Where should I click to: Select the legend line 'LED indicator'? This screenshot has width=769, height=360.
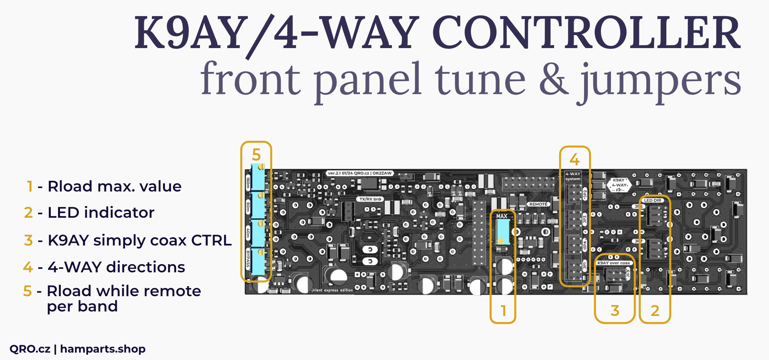point(101,213)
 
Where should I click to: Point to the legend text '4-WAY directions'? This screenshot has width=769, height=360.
point(116,267)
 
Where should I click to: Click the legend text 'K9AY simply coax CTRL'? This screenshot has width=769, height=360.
point(139,240)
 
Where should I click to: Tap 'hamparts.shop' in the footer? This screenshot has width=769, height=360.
point(103,349)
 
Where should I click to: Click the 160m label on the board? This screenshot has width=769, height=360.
point(248,182)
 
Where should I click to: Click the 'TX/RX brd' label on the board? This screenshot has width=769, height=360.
point(370,199)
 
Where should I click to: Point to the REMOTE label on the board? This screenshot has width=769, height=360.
point(538,204)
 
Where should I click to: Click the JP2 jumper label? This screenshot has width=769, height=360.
point(585,194)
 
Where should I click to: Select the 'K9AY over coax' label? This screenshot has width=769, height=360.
point(614,263)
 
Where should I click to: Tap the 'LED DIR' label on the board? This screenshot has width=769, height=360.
point(652,200)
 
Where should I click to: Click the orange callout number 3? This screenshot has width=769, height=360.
point(615,310)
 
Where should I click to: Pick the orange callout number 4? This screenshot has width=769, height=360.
point(574,159)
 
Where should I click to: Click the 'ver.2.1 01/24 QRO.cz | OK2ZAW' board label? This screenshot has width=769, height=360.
point(360,173)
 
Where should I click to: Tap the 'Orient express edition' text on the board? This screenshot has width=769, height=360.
point(332,290)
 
